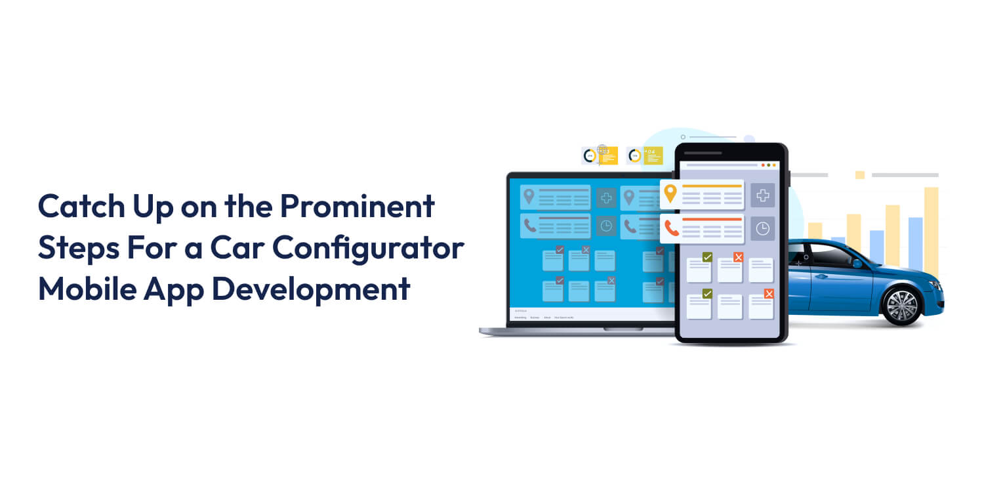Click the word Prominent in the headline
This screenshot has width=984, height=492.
(357, 207)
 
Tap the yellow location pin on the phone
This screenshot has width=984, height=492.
(670, 194)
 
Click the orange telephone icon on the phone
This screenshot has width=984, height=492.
(671, 228)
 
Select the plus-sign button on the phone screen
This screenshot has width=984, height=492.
(762, 195)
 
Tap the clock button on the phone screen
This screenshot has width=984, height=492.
(762, 228)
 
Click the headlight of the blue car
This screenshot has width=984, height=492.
(932, 283)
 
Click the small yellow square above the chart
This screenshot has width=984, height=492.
(859, 175)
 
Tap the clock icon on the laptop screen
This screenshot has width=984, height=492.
(606, 226)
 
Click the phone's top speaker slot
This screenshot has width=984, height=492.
(703, 154)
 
